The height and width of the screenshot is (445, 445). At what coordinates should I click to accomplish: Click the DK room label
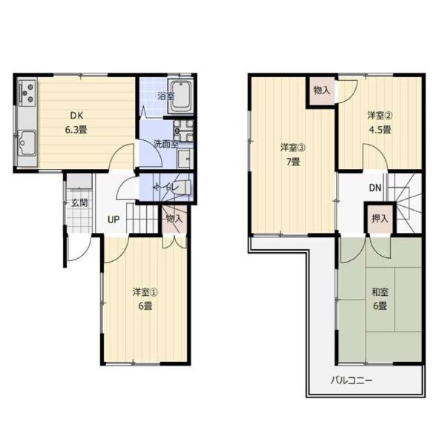pyautogui.click(x=76, y=116)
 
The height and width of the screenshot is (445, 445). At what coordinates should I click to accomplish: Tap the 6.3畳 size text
pyautogui.click(x=76, y=130)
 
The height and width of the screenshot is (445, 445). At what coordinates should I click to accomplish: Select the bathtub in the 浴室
pyautogui.click(x=180, y=96)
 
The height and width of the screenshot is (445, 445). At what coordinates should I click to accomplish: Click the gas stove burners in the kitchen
pyautogui.click(x=27, y=92)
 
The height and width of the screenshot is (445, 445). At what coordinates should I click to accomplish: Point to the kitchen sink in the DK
pyautogui.click(x=27, y=142)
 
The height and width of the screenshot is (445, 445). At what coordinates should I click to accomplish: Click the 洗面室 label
pyautogui.click(x=165, y=144)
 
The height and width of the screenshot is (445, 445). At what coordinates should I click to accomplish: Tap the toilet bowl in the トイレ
pyautogui.click(x=183, y=188)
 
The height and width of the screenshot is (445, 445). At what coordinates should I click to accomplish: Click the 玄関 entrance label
pyautogui.click(x=79, y=203)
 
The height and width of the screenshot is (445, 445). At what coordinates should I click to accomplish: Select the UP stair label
pyautogui.click(x=113, y=220)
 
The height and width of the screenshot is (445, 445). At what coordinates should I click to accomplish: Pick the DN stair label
pyautogui.click(x=375, y=188)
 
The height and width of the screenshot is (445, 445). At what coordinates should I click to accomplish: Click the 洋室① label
pyautogui.click(x=145, y=292)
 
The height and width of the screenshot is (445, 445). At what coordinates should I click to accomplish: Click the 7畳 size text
pyautogui.click(x=293, y=162)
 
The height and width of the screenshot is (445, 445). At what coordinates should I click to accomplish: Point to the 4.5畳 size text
pyautogui.click(x=380, y=129)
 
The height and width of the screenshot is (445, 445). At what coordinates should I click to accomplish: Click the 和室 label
pyautogui.click(x=380, y=292)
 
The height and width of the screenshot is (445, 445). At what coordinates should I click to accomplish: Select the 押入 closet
pyautogui.click(x=380, y=218)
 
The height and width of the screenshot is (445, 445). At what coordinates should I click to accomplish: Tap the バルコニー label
pyautogui.click(x=352, y=380)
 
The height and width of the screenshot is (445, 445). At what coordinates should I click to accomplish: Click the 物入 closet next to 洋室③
pyautogui.click(x=322, y=90)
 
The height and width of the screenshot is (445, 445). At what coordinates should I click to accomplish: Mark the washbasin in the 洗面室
pyautogui.click(x=185, y=159)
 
